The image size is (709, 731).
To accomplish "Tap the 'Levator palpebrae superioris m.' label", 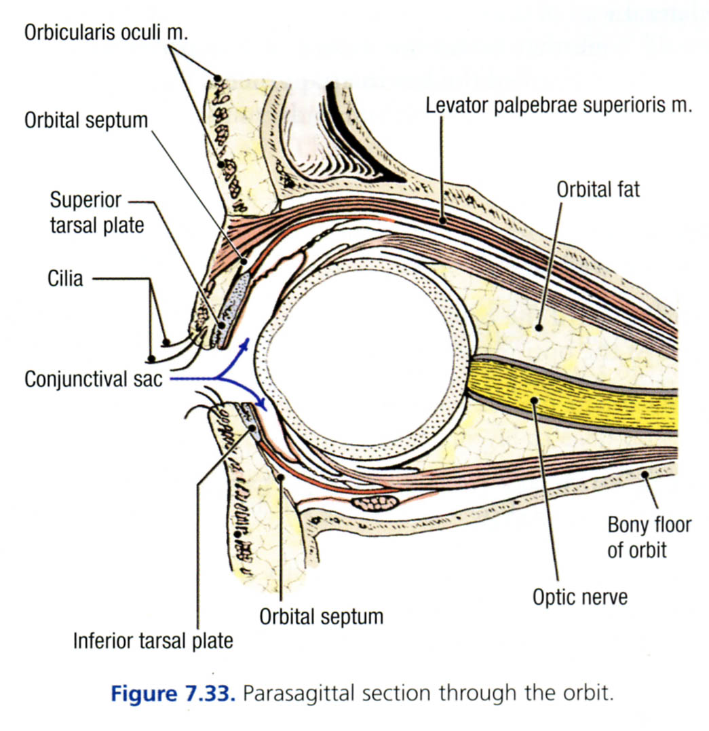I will click(558, 106).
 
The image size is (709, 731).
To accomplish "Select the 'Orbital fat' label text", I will click(598, 189).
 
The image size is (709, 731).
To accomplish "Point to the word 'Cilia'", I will click(65, 278).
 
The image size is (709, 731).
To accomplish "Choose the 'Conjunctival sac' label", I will click(93, 379).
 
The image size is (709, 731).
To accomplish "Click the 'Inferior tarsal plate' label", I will click(153, 640).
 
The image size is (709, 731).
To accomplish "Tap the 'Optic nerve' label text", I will click(579, 597).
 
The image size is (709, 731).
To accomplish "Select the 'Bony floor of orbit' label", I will click(649, 537).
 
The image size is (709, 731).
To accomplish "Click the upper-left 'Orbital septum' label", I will click(85, 121).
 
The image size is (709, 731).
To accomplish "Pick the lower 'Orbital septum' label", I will click(321, 616).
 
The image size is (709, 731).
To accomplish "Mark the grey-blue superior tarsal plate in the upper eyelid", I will click(234, 299).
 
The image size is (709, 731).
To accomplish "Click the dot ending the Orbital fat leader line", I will click(540, 326).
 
